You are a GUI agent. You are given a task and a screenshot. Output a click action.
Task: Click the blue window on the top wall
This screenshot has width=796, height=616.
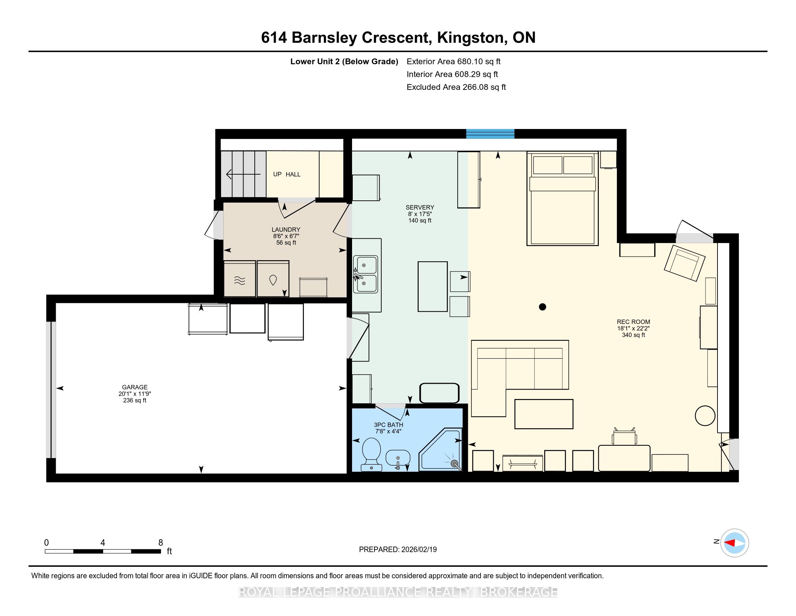coord(490,134)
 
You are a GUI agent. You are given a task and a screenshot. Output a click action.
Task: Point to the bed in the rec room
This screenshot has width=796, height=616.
coord(562,199)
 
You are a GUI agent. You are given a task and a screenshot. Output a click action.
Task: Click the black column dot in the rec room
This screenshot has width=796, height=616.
coord(542,307)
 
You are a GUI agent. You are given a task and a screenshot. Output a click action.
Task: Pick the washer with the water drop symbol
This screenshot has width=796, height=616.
coord(273,279)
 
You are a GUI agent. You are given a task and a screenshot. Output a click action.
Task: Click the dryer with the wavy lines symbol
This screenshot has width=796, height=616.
coord(240,279)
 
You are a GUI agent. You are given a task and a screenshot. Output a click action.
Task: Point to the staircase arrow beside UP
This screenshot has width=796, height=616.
coord(244,174)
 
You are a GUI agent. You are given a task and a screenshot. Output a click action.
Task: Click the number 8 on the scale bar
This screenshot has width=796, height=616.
coord(161,543)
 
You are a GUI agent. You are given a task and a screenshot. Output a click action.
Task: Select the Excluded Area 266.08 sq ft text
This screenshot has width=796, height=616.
coord(456,87)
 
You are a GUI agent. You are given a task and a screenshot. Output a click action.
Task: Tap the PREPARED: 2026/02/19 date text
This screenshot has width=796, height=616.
coord(398,550)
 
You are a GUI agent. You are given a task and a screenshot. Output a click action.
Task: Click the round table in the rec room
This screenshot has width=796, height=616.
coord(705,416)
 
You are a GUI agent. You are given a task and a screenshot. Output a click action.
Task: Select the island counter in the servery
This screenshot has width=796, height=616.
coord(433,287)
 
